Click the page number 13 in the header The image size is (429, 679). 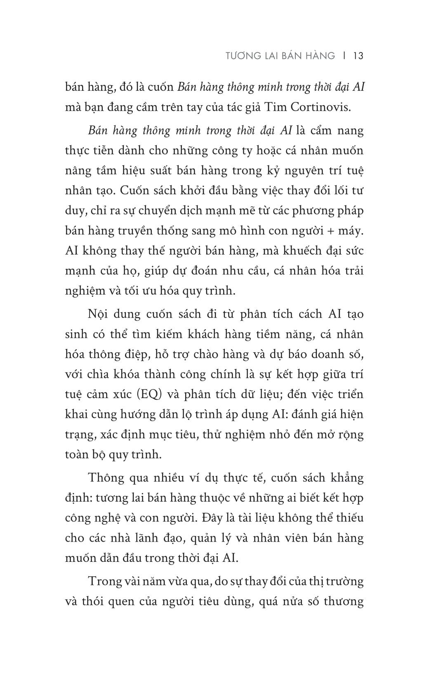click(358, 56)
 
